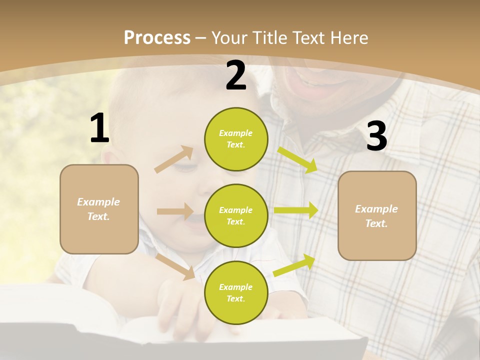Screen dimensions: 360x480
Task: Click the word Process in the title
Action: click(157, 37)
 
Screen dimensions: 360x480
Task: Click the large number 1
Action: click(99, 128)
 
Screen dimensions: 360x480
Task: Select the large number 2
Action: click(236, 75)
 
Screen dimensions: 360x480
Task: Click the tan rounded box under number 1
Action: click(99, 209)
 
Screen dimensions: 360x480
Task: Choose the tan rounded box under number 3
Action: click(377, 215)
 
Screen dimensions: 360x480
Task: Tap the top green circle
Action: click(236, 139)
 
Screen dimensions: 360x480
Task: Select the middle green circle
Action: click(236, 215)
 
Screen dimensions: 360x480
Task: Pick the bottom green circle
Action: click(236, 292)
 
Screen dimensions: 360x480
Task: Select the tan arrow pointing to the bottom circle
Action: click(175, 266)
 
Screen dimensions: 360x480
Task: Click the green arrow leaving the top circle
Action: click(297, 159)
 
